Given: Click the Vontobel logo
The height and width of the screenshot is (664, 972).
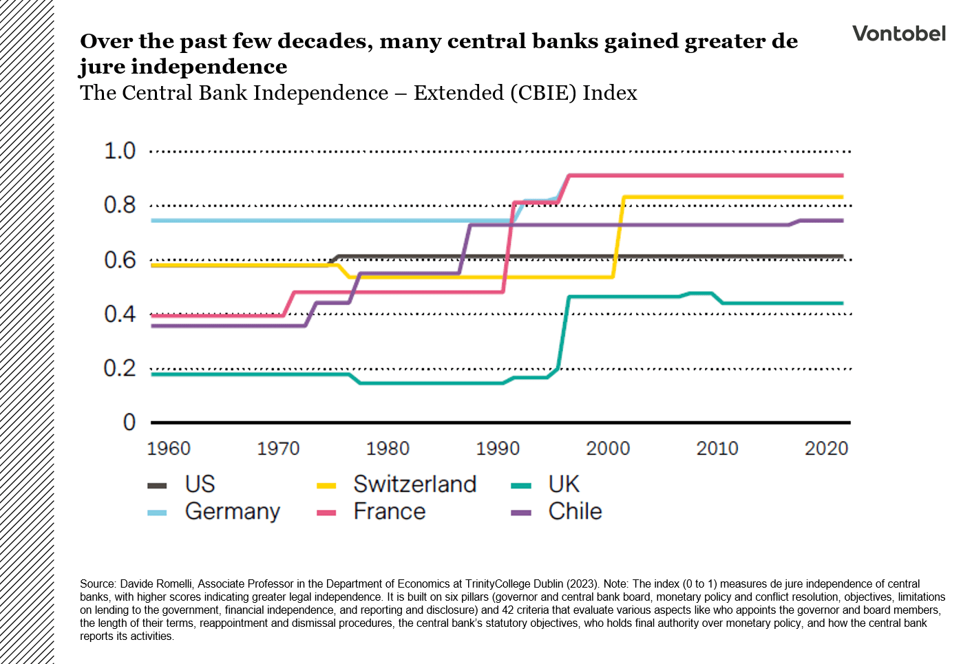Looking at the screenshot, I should (898, 34).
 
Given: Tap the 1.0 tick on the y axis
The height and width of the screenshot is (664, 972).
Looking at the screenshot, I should (120, 151).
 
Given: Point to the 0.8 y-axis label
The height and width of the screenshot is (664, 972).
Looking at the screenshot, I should (120, 205).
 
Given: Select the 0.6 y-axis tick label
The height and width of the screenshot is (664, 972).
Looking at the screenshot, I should (120, 260).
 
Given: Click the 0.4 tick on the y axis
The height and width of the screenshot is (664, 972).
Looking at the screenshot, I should (120, 314).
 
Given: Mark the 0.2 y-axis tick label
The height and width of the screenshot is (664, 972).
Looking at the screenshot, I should (120, 369).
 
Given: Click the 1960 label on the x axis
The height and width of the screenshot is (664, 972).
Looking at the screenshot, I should (169, 449).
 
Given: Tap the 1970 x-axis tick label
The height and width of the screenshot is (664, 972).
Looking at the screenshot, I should (278, 449).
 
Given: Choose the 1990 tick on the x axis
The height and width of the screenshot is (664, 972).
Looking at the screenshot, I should (498, 449).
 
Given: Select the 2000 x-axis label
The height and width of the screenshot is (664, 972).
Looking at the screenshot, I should (608, 449).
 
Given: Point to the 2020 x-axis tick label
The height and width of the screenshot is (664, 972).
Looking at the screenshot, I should (826, 449).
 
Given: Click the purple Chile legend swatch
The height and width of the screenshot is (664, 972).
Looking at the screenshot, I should (521, 513).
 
